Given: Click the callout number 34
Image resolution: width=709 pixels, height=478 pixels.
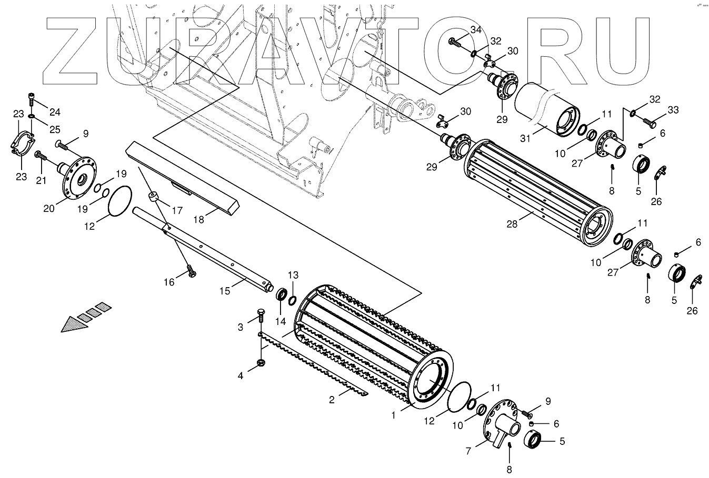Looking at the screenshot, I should pyautogui.click(x=475, y=30).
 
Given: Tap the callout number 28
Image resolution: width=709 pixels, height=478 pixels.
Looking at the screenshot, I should pyautogui.click(x=512, y=223).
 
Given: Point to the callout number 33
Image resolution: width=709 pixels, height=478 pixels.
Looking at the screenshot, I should pyautogui.click(x=673, y=110).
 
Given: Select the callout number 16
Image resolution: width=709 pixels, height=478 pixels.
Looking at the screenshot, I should pyautogui.click(x=169, y=282).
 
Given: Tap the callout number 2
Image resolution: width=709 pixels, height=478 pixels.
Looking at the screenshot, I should pyautogui.click(x=332, y=400).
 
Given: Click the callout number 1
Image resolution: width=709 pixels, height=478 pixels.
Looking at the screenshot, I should pyautogui.click(x=393, y=414).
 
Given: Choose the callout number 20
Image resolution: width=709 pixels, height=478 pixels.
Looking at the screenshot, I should pyautogui.click(x=49, y=209).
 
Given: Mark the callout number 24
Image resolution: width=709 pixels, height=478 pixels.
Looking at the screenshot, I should pyautogui.click(x=55, y=111).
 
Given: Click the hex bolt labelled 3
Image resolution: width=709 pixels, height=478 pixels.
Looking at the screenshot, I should pyautogui.click(x=260, y=318).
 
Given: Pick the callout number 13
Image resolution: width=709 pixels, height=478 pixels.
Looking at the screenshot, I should pyautogui.click(x=293, y=275).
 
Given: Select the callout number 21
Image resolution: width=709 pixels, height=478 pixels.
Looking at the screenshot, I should pyautogui.click(x=42, y=180).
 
